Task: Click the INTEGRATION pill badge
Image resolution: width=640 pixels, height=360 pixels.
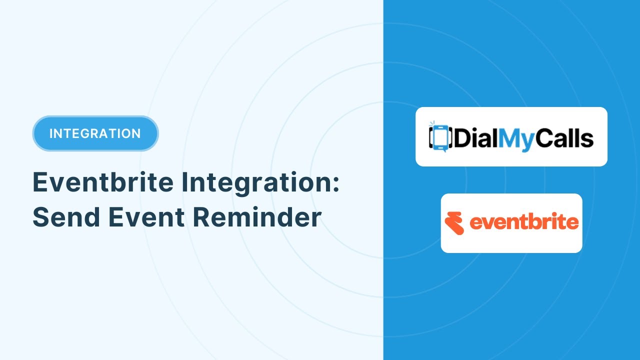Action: coord(95,133)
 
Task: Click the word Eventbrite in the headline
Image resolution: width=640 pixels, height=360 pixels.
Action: coord(103,182)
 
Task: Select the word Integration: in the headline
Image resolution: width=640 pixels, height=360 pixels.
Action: coord(260,183)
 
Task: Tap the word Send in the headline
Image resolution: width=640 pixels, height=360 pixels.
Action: coord(66,217)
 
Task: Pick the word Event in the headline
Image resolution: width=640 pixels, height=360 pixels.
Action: coord(146,217)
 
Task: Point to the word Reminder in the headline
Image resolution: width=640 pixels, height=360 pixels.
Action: coord(257,217)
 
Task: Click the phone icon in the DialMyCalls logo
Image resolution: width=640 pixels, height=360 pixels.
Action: coord(440,137)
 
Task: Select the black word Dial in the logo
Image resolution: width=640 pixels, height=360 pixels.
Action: coord(476,137)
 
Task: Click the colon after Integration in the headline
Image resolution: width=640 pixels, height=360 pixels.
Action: coord(335,183)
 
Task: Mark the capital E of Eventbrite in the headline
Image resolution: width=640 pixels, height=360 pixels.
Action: coord(40,182)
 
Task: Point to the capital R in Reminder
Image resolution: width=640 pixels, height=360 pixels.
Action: coord(201,217)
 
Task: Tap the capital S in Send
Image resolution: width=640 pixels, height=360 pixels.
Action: coord(41,217)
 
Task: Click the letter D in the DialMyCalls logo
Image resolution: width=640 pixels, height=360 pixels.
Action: coord(462,138)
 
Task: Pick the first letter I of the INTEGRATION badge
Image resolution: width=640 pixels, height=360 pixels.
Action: coord(51,133)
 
